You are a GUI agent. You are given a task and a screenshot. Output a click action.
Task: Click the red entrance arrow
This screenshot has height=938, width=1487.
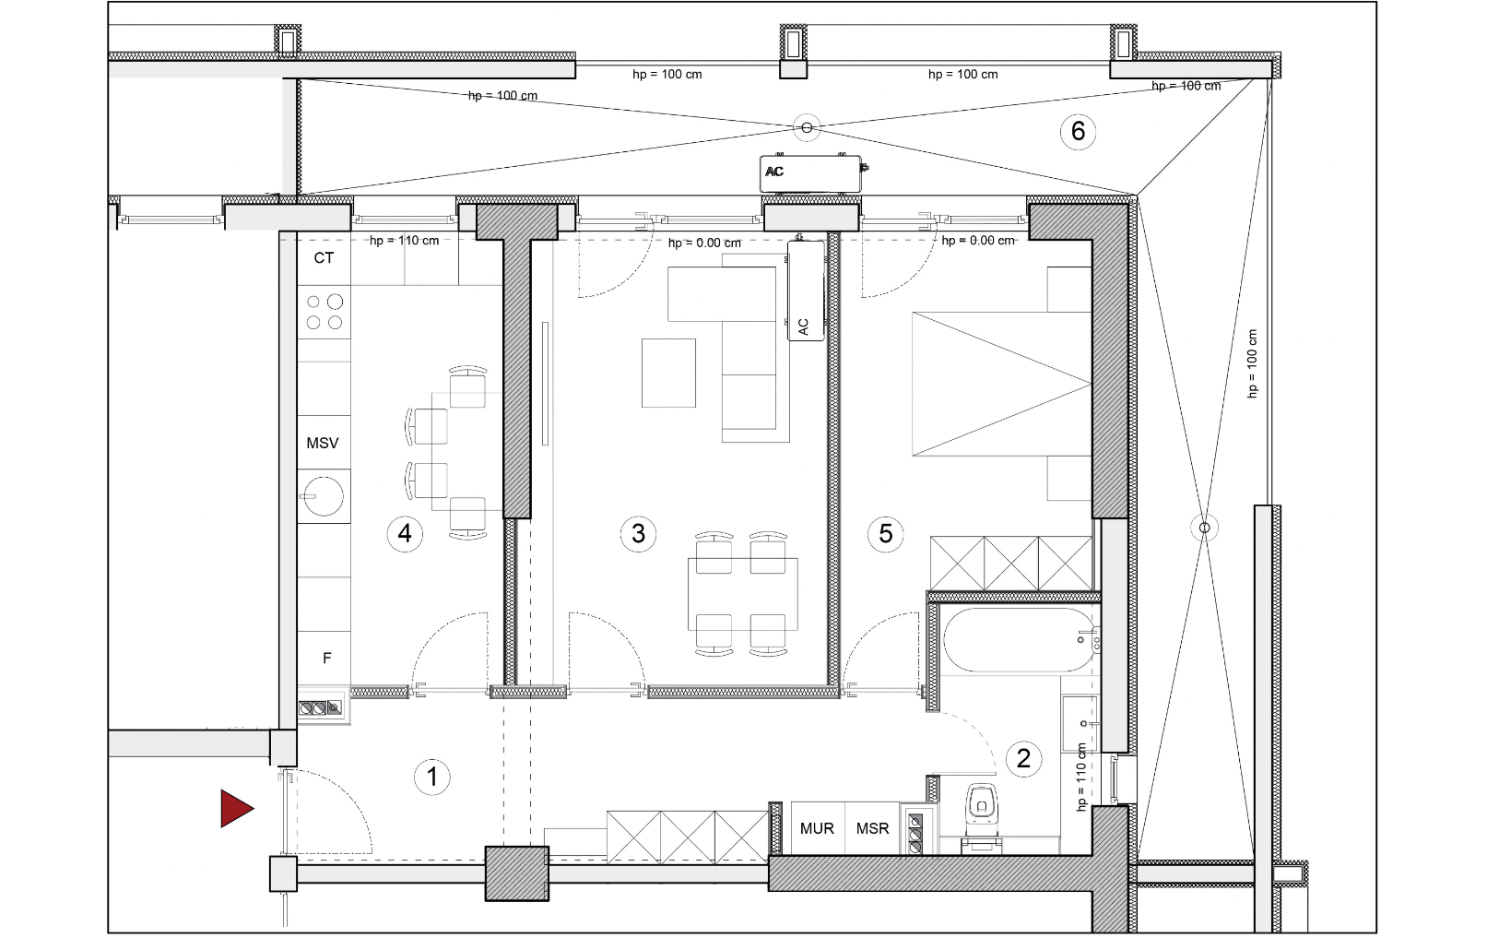click(x=236, y=809)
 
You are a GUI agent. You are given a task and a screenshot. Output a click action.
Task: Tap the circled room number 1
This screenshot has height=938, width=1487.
click(x=432, y=777)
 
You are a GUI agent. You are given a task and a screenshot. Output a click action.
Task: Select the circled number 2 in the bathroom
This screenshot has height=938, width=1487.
click(x=1023, y=758)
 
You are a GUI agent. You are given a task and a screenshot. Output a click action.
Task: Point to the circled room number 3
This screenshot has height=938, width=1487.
click(x=638, y=533)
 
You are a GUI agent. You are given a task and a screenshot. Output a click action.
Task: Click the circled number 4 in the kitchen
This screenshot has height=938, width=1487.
click(x=405, y=533)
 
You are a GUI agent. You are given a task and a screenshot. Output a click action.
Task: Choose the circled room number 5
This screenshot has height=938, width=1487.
click(x=886, y=533)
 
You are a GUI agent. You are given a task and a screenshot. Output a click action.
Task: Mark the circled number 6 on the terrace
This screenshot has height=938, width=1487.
click(x=1078, y=131)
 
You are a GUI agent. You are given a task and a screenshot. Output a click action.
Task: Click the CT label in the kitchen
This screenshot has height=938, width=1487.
click(x=324, y=257)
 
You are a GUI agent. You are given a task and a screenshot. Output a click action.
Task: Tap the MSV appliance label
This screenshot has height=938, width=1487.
click(x=323, y=443)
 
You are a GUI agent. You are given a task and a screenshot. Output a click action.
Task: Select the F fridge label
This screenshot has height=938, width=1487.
click(x=326, y=659)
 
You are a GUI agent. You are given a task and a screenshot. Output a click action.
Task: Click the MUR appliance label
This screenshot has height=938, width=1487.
click(x=817, y=828)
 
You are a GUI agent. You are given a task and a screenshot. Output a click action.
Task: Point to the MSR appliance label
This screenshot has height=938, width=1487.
click(x=872, y=828)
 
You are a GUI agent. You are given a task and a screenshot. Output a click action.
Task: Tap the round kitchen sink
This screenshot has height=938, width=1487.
click(x=324, y=496)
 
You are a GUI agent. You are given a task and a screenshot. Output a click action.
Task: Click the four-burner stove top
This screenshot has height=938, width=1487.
click(x=324, y=313)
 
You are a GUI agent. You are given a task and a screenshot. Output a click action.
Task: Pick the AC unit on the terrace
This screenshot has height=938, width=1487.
click(x=810, y=174)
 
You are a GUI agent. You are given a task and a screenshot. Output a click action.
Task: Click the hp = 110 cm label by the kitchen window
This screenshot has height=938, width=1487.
click(x=405, y=241)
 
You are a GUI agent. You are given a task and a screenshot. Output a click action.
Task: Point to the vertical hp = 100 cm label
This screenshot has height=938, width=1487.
click(x=1252, y=363)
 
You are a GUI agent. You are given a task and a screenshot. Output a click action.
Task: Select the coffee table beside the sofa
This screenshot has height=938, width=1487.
click(x=668, y=373)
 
